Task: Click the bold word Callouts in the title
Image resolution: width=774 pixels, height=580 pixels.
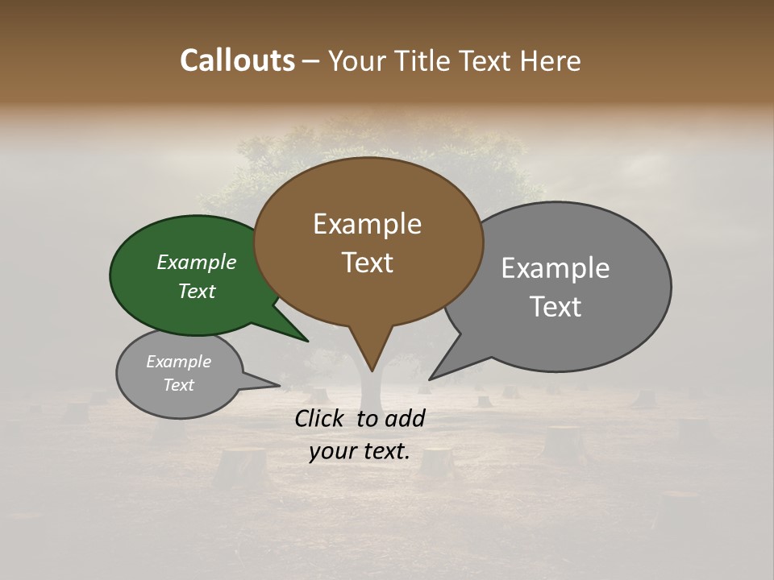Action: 237,60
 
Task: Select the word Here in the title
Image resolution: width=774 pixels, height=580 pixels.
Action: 551,60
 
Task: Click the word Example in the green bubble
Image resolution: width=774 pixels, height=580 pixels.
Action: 197,262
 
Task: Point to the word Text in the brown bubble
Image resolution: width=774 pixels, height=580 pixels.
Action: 368,263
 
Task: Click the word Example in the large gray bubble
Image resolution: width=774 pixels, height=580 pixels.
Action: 556,267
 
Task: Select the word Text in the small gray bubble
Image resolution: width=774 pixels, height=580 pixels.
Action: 179,385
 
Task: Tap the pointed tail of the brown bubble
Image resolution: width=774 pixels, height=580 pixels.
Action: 370,358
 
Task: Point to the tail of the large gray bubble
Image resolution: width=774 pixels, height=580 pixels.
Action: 439,372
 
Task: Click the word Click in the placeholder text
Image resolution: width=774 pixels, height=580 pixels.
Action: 321,418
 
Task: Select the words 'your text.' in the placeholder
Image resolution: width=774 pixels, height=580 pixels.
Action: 360,451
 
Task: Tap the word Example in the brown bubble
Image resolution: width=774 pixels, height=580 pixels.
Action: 368,224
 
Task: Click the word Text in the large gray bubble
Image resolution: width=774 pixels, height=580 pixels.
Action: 556,306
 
